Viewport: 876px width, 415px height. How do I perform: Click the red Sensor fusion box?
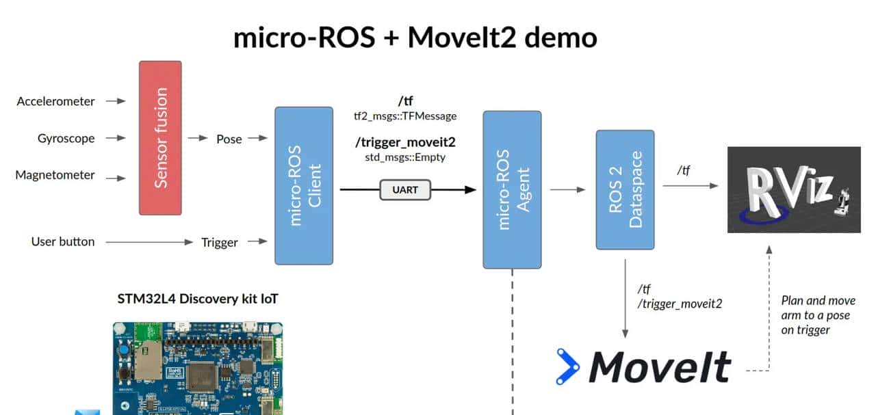click(160, 137)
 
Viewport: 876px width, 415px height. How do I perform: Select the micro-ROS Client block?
click(304, 185)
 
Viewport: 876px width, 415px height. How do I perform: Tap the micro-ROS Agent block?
click(512, 189)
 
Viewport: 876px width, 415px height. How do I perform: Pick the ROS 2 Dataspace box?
click(625, 189)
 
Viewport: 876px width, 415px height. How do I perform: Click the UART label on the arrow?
click(405, 189)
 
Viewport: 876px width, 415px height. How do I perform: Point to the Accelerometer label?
click(56, 101)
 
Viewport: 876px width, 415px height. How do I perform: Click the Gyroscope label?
click(66, 138)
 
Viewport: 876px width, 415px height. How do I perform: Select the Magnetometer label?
click(55, 175)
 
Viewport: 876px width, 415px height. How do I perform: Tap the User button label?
click(63, 241)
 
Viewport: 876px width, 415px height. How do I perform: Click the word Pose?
click(229, 139)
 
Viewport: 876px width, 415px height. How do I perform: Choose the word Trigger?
click(220, 242)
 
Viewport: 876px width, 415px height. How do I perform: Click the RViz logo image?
click(793, 189)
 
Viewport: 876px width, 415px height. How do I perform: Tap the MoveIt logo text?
click(660, 367)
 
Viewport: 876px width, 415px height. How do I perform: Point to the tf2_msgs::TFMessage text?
click(405, 116)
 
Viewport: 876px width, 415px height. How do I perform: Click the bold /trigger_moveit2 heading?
click(405, 142)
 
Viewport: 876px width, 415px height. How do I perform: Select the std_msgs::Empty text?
click(405, 157)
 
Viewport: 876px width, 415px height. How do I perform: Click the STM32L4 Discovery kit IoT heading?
click(198, 299)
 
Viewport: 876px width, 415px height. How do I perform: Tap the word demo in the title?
click(561, 37)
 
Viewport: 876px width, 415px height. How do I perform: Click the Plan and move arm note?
click(818, 315)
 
